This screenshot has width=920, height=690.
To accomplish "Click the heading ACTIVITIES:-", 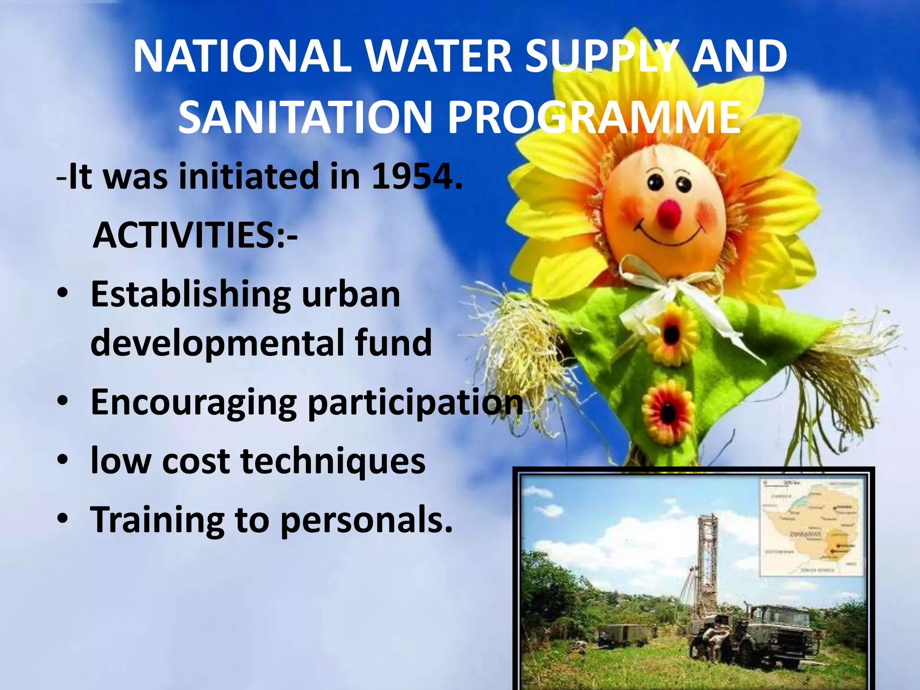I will click(195, 235).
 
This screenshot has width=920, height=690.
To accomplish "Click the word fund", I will click(393, 342).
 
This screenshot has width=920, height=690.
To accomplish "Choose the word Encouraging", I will click(194, 402).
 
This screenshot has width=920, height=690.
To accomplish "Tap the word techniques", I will click(333, 461).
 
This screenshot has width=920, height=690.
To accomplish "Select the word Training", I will click(157, 520).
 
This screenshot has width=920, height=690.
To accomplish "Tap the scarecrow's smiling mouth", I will click(669, 236).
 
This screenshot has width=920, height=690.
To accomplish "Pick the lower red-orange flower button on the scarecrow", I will click(668, 411).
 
